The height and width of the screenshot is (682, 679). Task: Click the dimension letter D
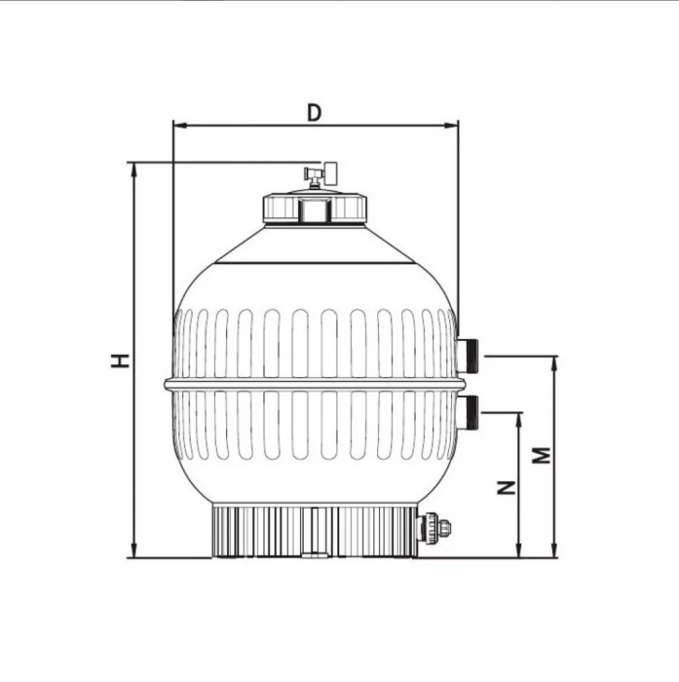coord(314,112)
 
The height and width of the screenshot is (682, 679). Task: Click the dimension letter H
coord(120,360)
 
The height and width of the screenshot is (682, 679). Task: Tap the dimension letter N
coord(506,487)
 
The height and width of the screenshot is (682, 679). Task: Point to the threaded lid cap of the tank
coord(314,208)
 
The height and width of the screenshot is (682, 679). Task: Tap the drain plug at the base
coord(433,529)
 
